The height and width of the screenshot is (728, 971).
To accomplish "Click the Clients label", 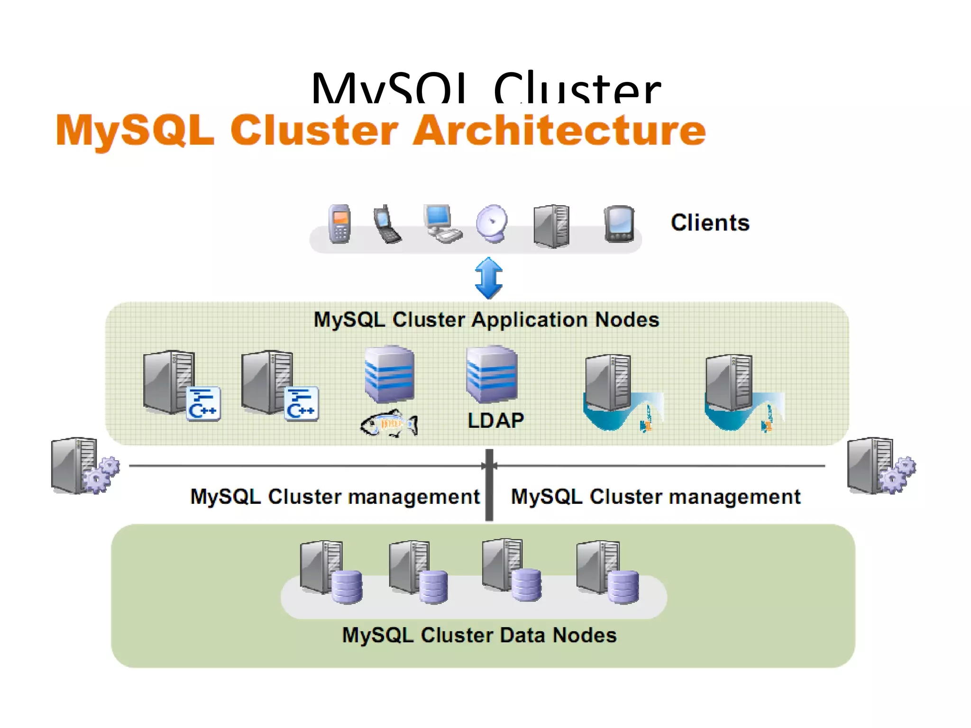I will pyautogui.click(x=710, y=223).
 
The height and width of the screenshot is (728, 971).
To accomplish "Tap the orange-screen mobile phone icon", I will pyautogui.click(x=340, y=224).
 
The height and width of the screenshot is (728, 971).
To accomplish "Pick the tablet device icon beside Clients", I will pyautogui.click(x=619, y=224).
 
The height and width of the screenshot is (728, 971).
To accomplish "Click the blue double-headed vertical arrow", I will pyautogui.click(x=488, y=278).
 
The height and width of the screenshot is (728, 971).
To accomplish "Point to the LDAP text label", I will pyautogui.click(x=495, y=420).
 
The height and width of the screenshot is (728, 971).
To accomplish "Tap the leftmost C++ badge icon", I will pyautogui.click(x=203, y=404).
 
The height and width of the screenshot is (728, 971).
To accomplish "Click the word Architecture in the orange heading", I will pyautogui.click(x=559, y=130).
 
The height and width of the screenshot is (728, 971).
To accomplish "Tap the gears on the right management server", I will pyautogui.click(x=898, y=474).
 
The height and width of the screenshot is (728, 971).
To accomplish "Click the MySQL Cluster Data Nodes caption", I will pyautogui.click(x=479, y=635).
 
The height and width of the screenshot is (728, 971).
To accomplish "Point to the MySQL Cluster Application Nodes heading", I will pyautogui.click(x=486, y=320).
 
